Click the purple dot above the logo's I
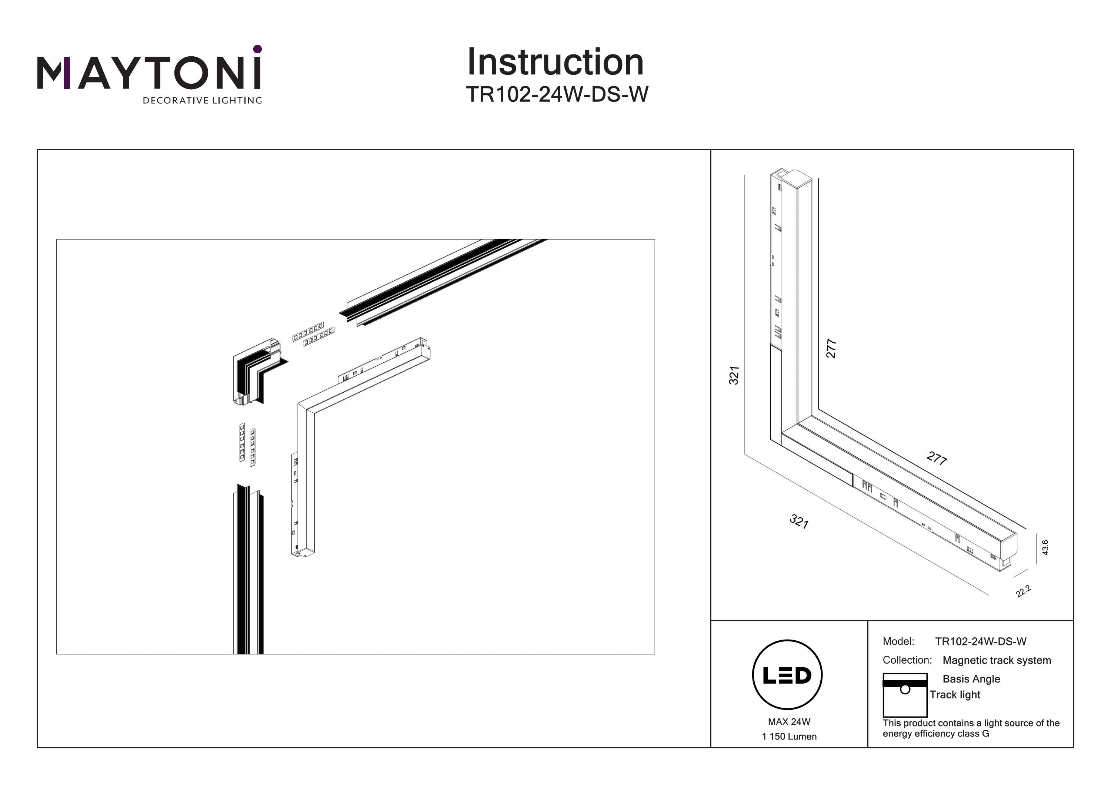[x=257, y=49]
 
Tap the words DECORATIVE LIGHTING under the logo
[x=202, y=101]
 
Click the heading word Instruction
[x=555, y=63]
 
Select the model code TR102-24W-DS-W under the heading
[x=557, y=95]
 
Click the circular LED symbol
[x=787, y=675]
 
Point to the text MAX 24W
[x=789, y=722]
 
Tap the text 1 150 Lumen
[x=789, y=737]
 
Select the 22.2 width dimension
[x=1024, y=591]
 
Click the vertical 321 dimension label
[x=734, y=375]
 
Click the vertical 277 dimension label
[x=831, y=348]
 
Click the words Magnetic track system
[x=997, y=660]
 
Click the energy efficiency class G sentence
[x=971, y=728]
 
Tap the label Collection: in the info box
[x=907, y=660]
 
